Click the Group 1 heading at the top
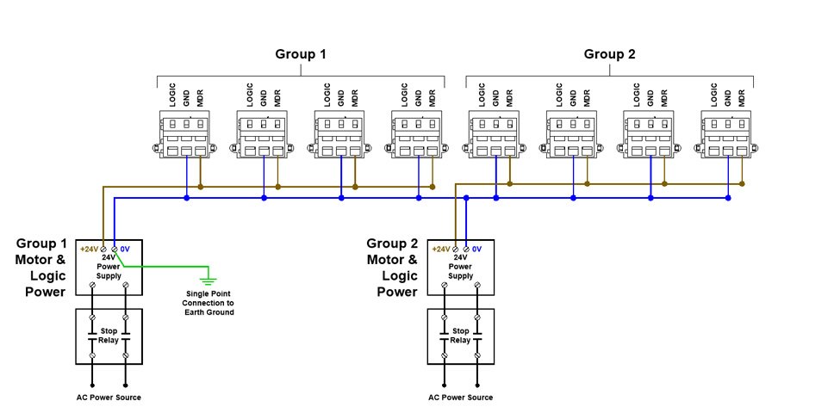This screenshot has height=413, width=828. tap(301, 54)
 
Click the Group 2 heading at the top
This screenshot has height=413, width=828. tap(609, 54)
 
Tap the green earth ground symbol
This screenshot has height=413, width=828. tap(207, 279)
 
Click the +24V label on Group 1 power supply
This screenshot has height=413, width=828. tap(89, 249)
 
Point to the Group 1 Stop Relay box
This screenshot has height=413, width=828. tap(109, 336)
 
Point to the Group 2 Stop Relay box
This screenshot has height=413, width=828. tap(461, 336)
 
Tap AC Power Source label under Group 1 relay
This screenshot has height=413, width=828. tap(109, 398)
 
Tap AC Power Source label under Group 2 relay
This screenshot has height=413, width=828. tap(461, 398)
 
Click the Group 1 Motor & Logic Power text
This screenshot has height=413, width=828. tap(40, 267)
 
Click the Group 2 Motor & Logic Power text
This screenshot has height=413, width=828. tap(392, 267)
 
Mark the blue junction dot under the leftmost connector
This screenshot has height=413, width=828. tap(186, 198)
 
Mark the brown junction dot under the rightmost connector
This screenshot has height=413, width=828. tap(742, 184)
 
